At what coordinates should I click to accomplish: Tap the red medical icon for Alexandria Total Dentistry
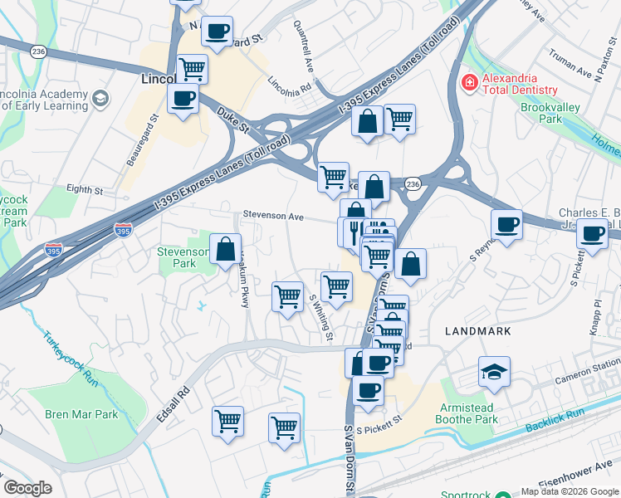point(469,83)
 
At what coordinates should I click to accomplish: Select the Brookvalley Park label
point(554,113)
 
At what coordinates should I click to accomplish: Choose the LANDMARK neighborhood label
point(477,330)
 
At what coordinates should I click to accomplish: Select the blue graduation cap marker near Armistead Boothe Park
point(494,371)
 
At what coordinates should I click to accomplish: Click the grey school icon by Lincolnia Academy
point(100,99)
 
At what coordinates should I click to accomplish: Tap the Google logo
point(28,488)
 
